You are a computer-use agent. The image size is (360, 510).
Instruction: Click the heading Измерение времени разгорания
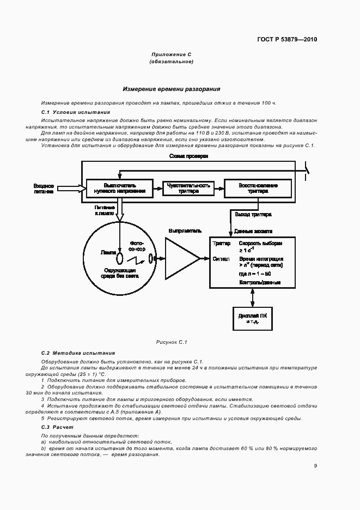tap(171, 88)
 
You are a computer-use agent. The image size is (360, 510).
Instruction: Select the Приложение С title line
tap(172, 54)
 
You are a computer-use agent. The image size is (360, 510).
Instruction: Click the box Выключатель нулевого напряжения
tap(117, 189)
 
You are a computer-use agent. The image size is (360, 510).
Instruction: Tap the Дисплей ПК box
tap(252, 318)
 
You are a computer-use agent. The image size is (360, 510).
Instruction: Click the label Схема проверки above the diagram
tap(188, 156)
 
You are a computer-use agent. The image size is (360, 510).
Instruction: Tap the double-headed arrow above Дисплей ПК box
tap(252, 297)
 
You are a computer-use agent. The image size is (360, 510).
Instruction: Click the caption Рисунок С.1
tap(172, 342)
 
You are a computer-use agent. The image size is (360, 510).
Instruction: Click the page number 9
tap(315, 465)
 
